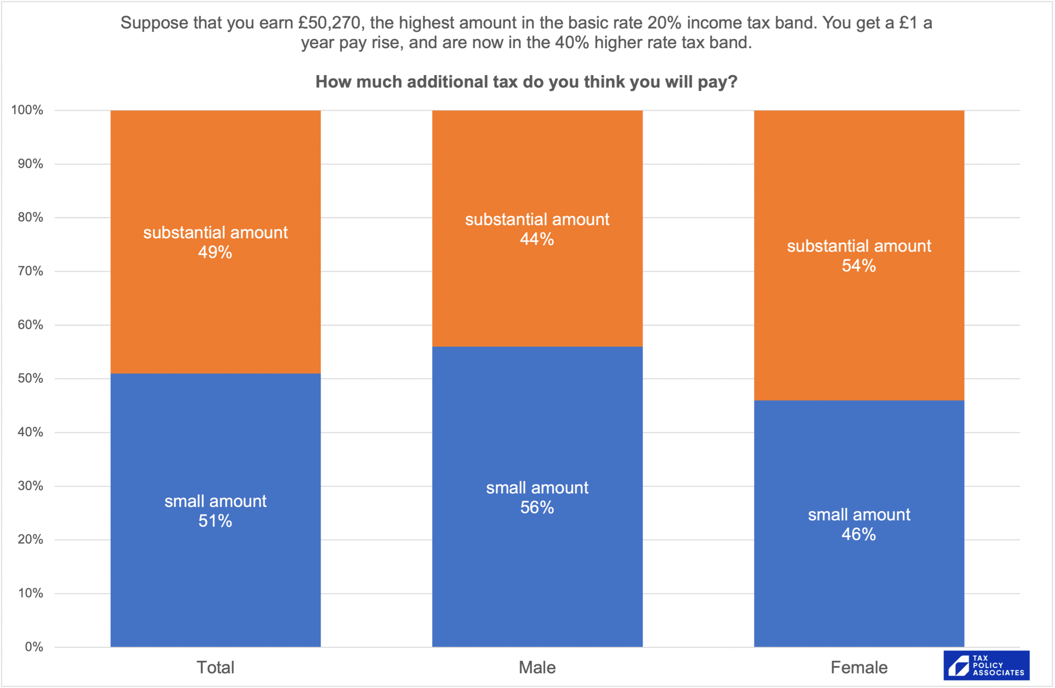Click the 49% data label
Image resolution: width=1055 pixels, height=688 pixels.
215,253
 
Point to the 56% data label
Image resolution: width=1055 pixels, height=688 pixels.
537,508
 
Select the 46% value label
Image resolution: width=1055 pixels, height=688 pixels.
858,535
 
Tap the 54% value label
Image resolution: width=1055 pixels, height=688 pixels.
858,266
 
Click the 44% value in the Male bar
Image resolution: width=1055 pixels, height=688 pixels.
537,239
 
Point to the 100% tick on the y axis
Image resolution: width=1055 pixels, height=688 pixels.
27,110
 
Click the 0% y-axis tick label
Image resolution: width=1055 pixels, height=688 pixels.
34,647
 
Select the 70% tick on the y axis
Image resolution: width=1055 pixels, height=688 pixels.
30,271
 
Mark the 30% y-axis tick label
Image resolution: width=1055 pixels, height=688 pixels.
30,486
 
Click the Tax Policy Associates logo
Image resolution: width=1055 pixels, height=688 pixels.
986,665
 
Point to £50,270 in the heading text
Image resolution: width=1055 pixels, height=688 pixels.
331,23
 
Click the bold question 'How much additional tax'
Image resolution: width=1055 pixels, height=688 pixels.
526,82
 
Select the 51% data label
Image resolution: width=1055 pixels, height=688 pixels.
215,522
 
